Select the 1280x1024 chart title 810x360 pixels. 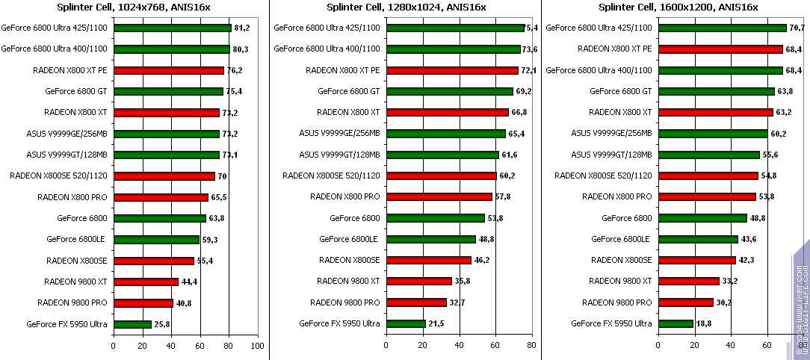click(x=406, y=7)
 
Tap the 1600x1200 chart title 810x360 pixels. click(x=678, y=7)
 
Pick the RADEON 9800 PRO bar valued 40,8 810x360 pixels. click(x=143, y=303)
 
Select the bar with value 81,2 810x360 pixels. click(x=173, y=28)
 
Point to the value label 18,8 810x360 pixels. click(x=706, y=324)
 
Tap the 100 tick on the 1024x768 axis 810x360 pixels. click(x=257, y=346)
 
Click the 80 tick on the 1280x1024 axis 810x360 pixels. click(x=531, y=346)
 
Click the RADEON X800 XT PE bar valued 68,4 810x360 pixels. click(x=720, y=49)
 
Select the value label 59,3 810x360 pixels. click(x=211, y=240)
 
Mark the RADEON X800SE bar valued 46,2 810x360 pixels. click(x=428, y=261)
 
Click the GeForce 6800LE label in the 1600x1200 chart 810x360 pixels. click(x=620, y=240)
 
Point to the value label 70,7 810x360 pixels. click(x=797, y=28)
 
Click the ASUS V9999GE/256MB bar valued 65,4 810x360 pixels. click(x=445, y=134)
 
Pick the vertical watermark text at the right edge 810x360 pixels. click(x=800, y=302)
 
